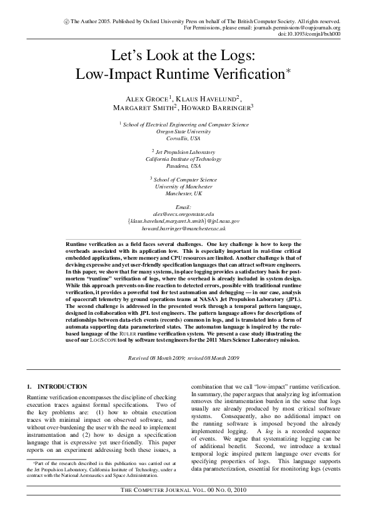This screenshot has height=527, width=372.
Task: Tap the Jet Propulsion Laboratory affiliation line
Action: [x=185, y=152]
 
